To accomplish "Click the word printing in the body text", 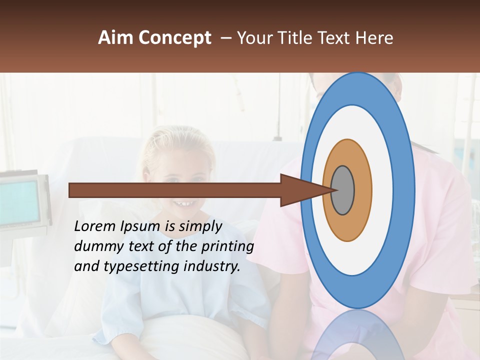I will click(228, 247).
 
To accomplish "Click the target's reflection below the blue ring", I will click(357, 335).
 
